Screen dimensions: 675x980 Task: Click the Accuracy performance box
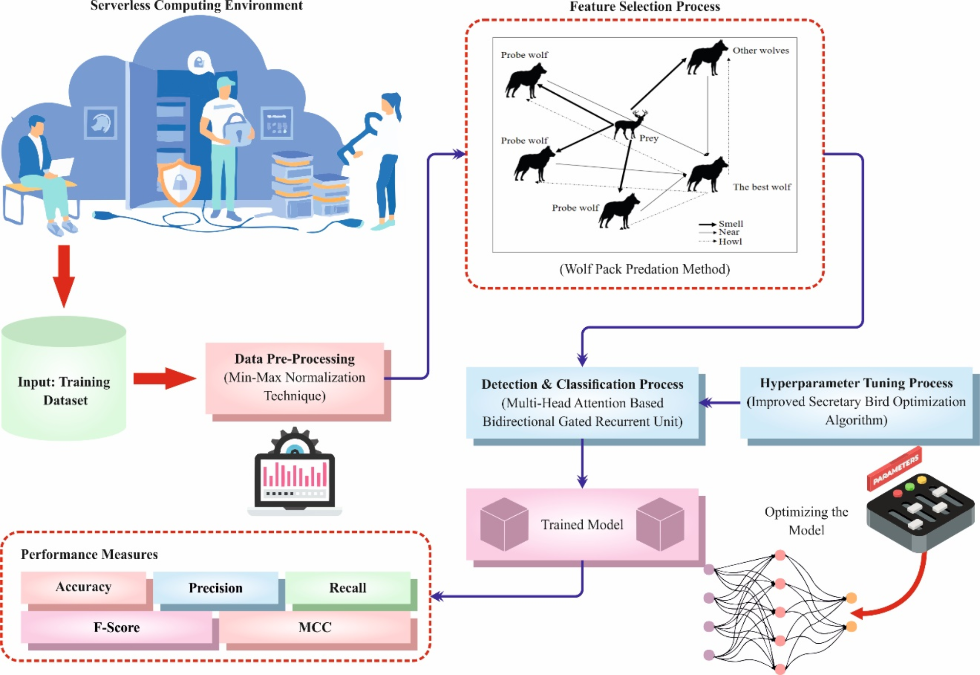click(x=83, y=587)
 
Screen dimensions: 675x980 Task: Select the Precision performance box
click(x=215, y=588)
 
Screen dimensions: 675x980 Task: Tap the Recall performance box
click(x=347, y=588)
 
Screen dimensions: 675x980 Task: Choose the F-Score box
click(x=117, y=628)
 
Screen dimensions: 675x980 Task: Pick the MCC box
click(x=315, y=628)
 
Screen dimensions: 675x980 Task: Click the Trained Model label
click(x=582, y=525)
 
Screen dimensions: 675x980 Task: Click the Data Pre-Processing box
click(x=295, y=378)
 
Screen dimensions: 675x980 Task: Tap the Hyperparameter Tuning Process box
click(x=856, y=402)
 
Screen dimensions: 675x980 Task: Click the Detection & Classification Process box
click(x=582, y=403)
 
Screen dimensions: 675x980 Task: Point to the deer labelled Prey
click(x=631, y=125)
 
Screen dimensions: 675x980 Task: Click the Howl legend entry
click(x=729, y=241)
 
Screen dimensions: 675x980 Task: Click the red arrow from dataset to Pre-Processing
click(x=164, y=379)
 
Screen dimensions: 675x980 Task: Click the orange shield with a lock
click(x=179, y=182)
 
